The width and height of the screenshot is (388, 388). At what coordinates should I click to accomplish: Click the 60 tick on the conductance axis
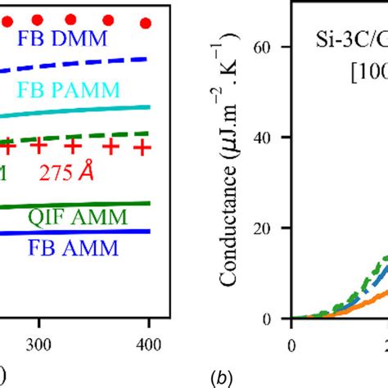tap(275, 47)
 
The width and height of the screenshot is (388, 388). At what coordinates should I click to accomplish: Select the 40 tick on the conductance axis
tap(275, 138)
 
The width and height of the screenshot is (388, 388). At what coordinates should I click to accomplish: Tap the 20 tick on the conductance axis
tap(275, 228)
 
